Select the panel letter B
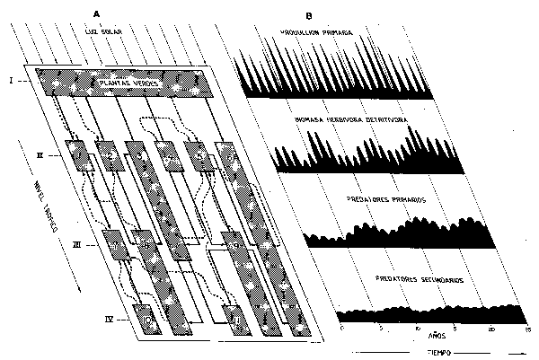click(308, 15)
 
